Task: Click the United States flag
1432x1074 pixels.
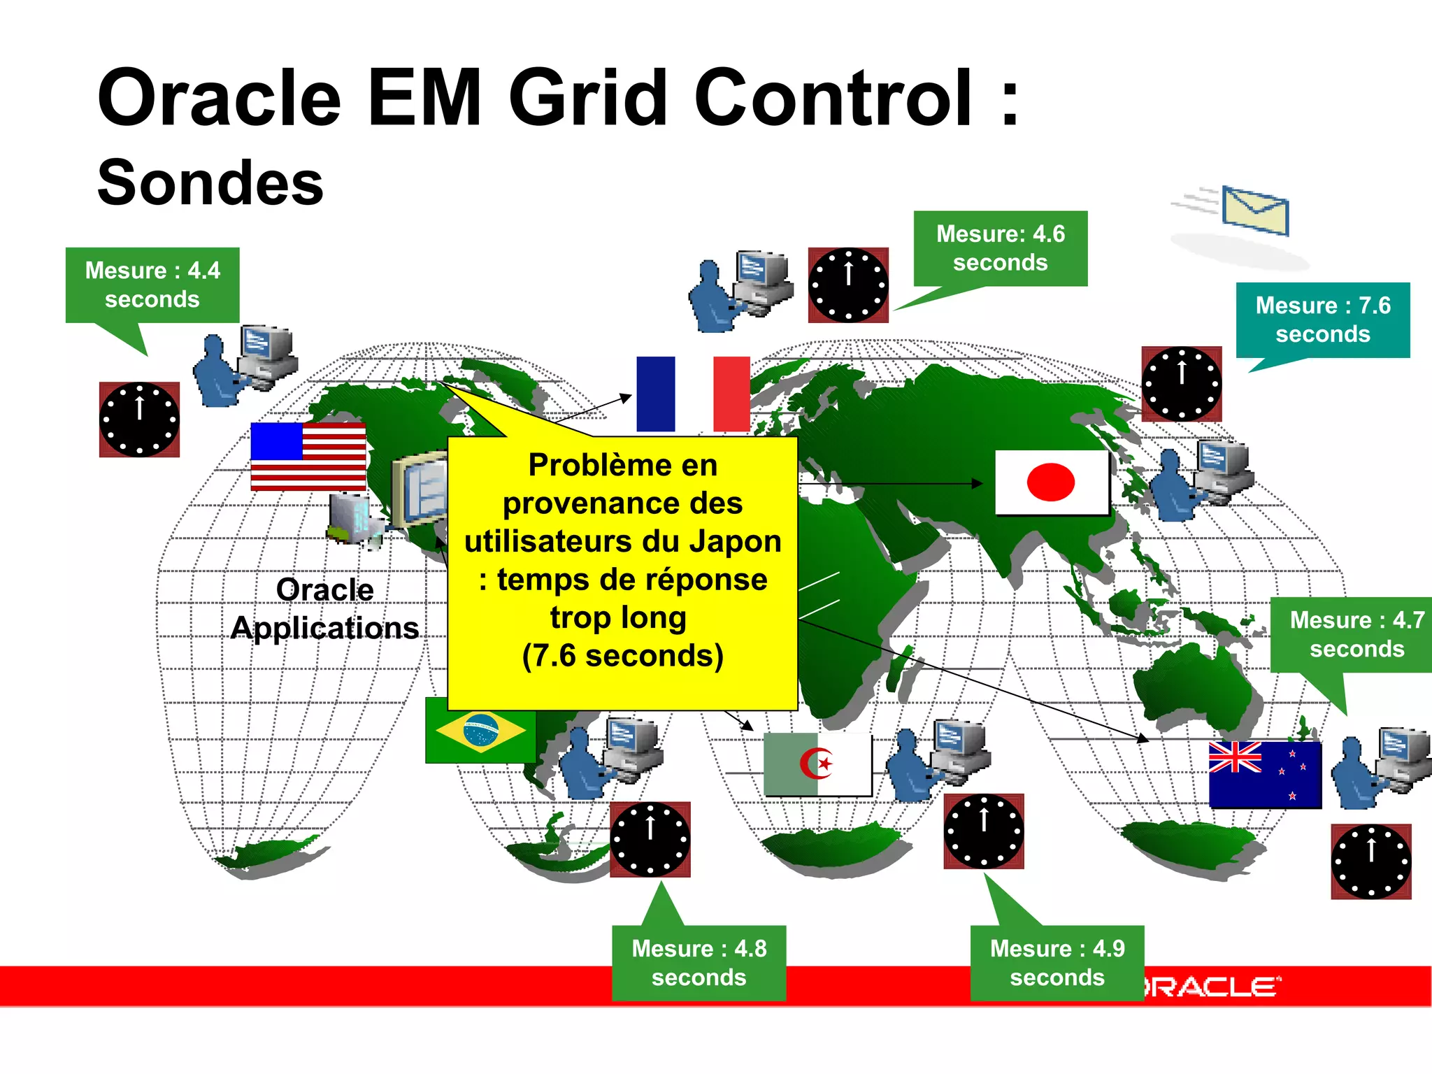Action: (x=308, y=456)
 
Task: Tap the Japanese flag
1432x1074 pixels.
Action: (x=1051, y=482)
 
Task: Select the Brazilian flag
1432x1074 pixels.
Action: (x=480, y=730)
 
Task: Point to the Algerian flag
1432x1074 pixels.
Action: (x=817, y=764)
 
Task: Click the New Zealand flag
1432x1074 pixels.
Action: (x=1265, y=775)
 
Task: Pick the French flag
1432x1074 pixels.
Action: (x=693, y=394)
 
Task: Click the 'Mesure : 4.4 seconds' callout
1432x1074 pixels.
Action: (x=152, y=285)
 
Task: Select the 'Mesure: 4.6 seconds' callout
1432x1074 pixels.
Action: (x=1000, y=248)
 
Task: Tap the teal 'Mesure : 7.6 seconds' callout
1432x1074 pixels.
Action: (x=1322, y=320)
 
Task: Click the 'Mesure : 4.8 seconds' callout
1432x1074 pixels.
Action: (x=699, y=963)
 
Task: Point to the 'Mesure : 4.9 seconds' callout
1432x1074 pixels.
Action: (x=1057, y=963)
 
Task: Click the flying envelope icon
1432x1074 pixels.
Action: (x=1255, y=210)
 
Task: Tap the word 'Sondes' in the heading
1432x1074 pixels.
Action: (x=210, y=182)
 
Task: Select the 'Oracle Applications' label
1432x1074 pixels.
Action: (x=325, y=609)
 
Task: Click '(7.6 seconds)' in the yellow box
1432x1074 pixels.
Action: (x=622, y=656)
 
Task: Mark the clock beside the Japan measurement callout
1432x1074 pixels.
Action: (x=1181, y=384)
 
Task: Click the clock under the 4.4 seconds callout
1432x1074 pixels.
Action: (x=139, y=420)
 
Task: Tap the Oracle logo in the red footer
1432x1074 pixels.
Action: (x=1213, y=987)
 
